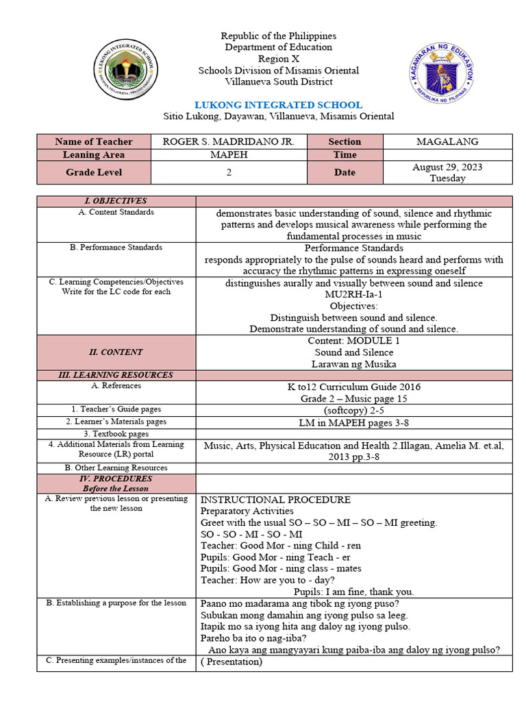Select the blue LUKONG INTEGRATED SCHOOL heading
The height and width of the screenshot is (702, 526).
tap(279, 105)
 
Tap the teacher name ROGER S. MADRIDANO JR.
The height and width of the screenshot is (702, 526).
tap(229, 141)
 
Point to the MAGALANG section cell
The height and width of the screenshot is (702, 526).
tap(447, 141)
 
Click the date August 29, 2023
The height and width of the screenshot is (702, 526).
tap(447, 167)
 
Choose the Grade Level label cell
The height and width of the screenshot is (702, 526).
tap(93, 173)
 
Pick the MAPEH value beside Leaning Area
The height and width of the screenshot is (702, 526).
tap(229, 155)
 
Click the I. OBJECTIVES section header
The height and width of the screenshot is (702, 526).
tap(116, 201)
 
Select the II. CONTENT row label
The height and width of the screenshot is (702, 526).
tap(116, 352)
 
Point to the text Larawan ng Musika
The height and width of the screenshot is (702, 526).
tap(353, 364)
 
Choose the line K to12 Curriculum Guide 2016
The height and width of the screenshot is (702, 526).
tap(353, 387)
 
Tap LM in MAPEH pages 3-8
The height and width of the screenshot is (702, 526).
tap(353, 422)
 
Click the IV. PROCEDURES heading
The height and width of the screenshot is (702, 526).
tap(116, 479)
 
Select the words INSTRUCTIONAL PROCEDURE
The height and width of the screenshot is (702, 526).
tap(275, 500)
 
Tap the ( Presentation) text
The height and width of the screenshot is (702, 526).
tap(231, 662)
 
